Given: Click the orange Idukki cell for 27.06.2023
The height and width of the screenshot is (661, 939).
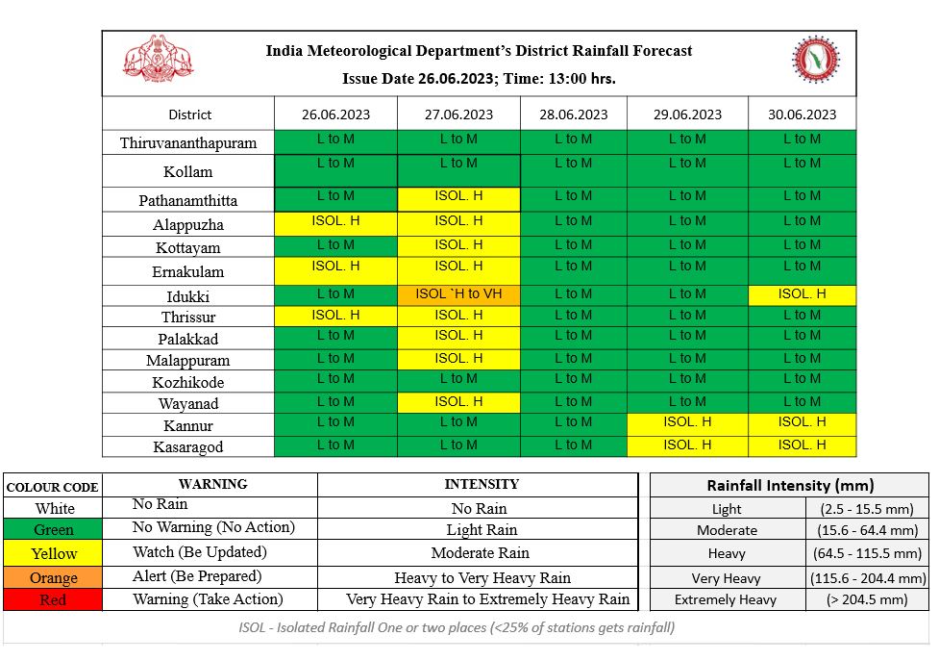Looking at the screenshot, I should [458, 294].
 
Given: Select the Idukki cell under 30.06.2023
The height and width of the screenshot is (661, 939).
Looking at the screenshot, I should [802, 294].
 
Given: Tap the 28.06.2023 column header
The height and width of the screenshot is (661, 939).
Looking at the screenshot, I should [573, 114].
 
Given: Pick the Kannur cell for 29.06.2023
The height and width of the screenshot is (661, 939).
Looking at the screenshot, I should [687, 422].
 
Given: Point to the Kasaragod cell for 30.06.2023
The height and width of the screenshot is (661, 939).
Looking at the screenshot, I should [802, 445].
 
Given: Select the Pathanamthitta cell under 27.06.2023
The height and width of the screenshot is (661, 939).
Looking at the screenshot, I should [458, 197].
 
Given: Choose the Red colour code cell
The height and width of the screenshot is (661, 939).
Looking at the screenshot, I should [54, 600].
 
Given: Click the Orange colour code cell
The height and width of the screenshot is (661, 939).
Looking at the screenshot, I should [54, 577].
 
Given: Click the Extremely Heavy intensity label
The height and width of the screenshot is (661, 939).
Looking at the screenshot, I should [725, 600].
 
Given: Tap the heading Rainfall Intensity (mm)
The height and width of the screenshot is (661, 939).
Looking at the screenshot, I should [790, 486].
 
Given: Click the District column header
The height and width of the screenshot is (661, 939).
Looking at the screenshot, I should [189, 114].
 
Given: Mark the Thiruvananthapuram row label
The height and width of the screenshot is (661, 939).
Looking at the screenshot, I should [188, 143].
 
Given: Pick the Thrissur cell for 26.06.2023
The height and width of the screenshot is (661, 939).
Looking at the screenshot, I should [335, 316].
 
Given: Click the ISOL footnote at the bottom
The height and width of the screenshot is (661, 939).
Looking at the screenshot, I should [457, 628].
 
